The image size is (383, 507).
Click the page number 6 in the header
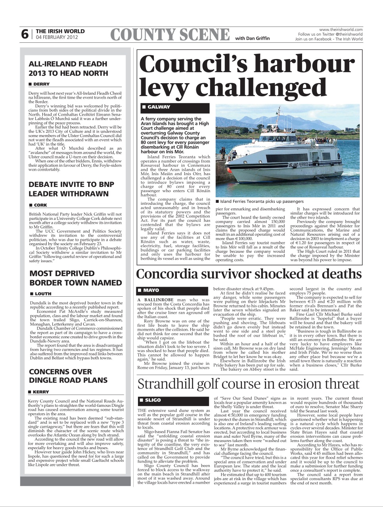coord(25,34)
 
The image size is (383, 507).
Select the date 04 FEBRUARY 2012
coord(57,38)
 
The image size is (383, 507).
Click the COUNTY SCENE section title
coord(170,35)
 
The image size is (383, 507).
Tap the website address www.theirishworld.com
coord(341,29)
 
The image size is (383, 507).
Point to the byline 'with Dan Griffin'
coord(252,38)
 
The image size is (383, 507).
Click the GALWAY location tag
coord(159,107)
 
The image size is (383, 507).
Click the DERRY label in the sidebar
coord(41,84)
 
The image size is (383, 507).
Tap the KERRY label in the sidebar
coord(41,392)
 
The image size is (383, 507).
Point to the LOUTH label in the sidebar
coord(42,294)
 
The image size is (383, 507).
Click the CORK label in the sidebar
coord(40,205)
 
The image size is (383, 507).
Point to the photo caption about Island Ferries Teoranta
coord(260,201)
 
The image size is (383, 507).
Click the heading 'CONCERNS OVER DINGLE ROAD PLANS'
coord(68,376)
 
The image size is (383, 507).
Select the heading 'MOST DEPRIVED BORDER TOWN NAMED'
coord(75,278)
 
